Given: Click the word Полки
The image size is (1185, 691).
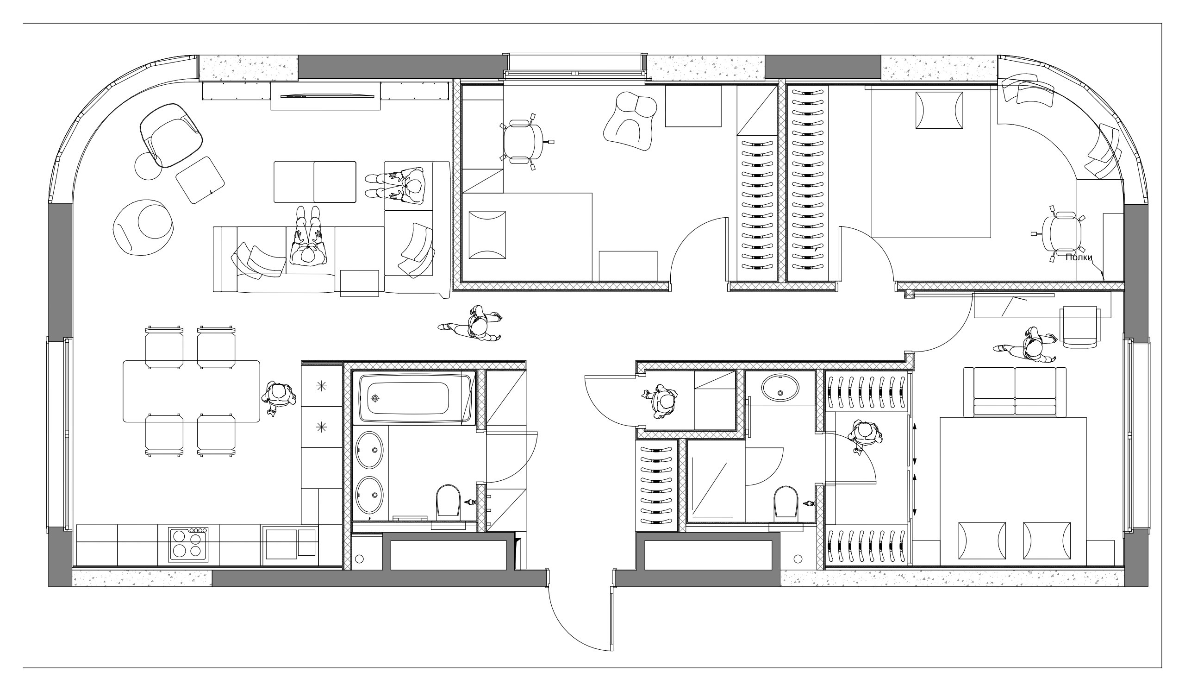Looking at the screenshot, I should (x=1078, y=258).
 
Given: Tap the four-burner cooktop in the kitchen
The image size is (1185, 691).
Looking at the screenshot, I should (x=188, y=544).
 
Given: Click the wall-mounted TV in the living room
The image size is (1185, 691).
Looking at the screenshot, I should (x=325, y=96).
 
